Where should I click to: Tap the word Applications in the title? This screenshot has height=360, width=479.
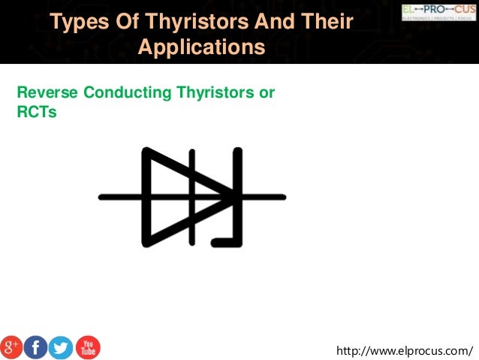point(202,47)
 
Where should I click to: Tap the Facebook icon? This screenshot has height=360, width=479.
point(36,347)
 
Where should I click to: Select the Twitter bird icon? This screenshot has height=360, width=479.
point(61,347)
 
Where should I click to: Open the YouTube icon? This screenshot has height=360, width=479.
point(87,347)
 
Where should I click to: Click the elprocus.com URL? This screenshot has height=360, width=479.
point(406,350)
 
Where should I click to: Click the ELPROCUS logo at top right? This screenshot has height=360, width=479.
point(438,11)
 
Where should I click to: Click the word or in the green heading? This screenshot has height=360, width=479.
point(266,93)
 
